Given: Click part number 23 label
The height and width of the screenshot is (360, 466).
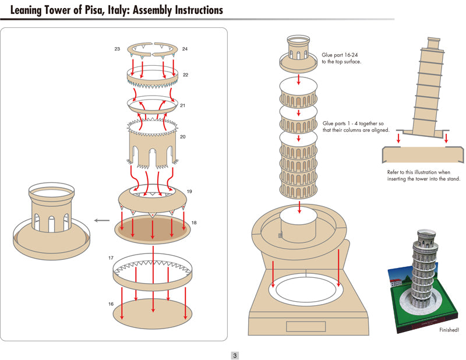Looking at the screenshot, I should click(118, 50).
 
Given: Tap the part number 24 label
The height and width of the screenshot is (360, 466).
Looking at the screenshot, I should click(185, 50).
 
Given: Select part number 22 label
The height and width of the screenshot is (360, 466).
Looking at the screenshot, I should click(185, 75).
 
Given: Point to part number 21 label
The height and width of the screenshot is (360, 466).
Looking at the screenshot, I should click(183, 106).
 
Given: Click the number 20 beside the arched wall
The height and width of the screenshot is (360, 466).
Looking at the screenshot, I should click(183, 137).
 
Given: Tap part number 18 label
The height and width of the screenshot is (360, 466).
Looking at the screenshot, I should click(194, 223).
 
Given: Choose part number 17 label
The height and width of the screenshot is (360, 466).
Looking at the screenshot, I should click(111, 257).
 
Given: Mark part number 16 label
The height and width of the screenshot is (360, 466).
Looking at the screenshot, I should click(111, 304).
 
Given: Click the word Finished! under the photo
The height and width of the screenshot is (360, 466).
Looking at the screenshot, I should click(449, 330).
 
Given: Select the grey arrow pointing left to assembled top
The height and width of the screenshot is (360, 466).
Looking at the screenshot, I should click(102, 221).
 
